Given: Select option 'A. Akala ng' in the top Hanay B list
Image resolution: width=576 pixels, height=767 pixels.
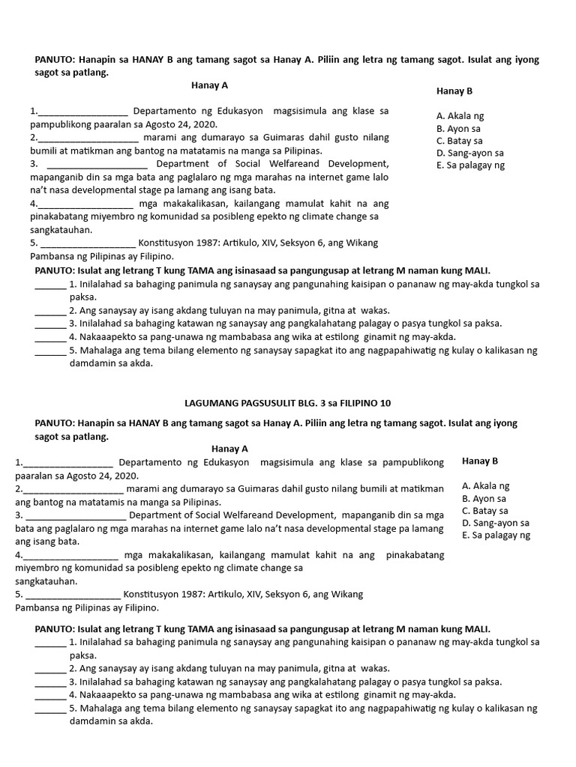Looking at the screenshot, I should [460, 116].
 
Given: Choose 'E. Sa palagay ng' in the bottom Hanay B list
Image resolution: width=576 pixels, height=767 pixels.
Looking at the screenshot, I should [496, 535].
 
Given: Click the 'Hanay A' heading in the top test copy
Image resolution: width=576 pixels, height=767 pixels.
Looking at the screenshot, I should [209, 85].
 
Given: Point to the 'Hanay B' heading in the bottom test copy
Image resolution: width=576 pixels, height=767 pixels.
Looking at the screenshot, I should [480, 461].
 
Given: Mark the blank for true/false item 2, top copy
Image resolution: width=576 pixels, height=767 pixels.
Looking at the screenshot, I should [49, 310].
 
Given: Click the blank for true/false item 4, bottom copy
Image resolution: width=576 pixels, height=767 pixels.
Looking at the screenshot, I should [49, 694].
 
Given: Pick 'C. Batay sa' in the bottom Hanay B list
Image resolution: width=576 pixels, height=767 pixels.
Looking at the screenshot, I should [485, 511].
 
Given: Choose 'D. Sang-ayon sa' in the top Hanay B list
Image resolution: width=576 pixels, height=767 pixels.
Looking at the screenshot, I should [469, 153].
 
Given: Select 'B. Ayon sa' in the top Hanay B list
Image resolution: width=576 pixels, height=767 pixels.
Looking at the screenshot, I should [458, 128].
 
